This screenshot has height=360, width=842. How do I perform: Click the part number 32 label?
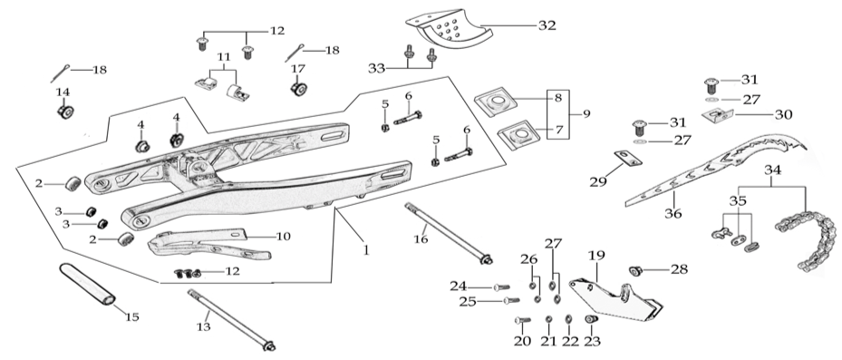click(x=547, y=25)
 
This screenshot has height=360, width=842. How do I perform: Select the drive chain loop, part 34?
click(x=807, y=239)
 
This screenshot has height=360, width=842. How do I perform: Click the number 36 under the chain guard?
click(x=673, y=213)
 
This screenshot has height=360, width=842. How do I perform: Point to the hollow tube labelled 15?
click(x=87, y=283)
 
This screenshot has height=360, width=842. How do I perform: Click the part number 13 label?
click(x=203, y=326)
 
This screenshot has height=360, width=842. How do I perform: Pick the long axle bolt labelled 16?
click(x=449, y=233)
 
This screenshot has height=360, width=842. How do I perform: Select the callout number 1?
click(x=366, y=250)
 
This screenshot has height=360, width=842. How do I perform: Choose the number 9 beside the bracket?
click(x=586, y=114)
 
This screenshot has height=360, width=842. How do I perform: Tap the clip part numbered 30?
click(x=718, y=115)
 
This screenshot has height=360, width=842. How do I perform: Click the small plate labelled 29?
click(x=628, y=158)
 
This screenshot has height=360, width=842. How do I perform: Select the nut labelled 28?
click(x=635, y=271)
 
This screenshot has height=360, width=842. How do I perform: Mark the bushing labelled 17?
click(x=297, y=88)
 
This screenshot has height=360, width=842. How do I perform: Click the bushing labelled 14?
click(x=65, y=112)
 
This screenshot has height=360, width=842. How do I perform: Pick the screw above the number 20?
click(x=522, y=321)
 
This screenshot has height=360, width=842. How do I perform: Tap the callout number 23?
click(x=592, y=341)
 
